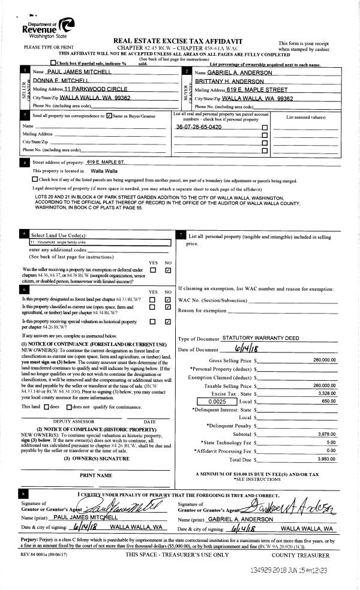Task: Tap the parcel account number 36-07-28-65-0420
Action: [199, 127]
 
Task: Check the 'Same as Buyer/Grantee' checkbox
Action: [109, 116]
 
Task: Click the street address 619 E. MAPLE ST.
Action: [106, 162]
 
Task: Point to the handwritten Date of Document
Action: [247, 349]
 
